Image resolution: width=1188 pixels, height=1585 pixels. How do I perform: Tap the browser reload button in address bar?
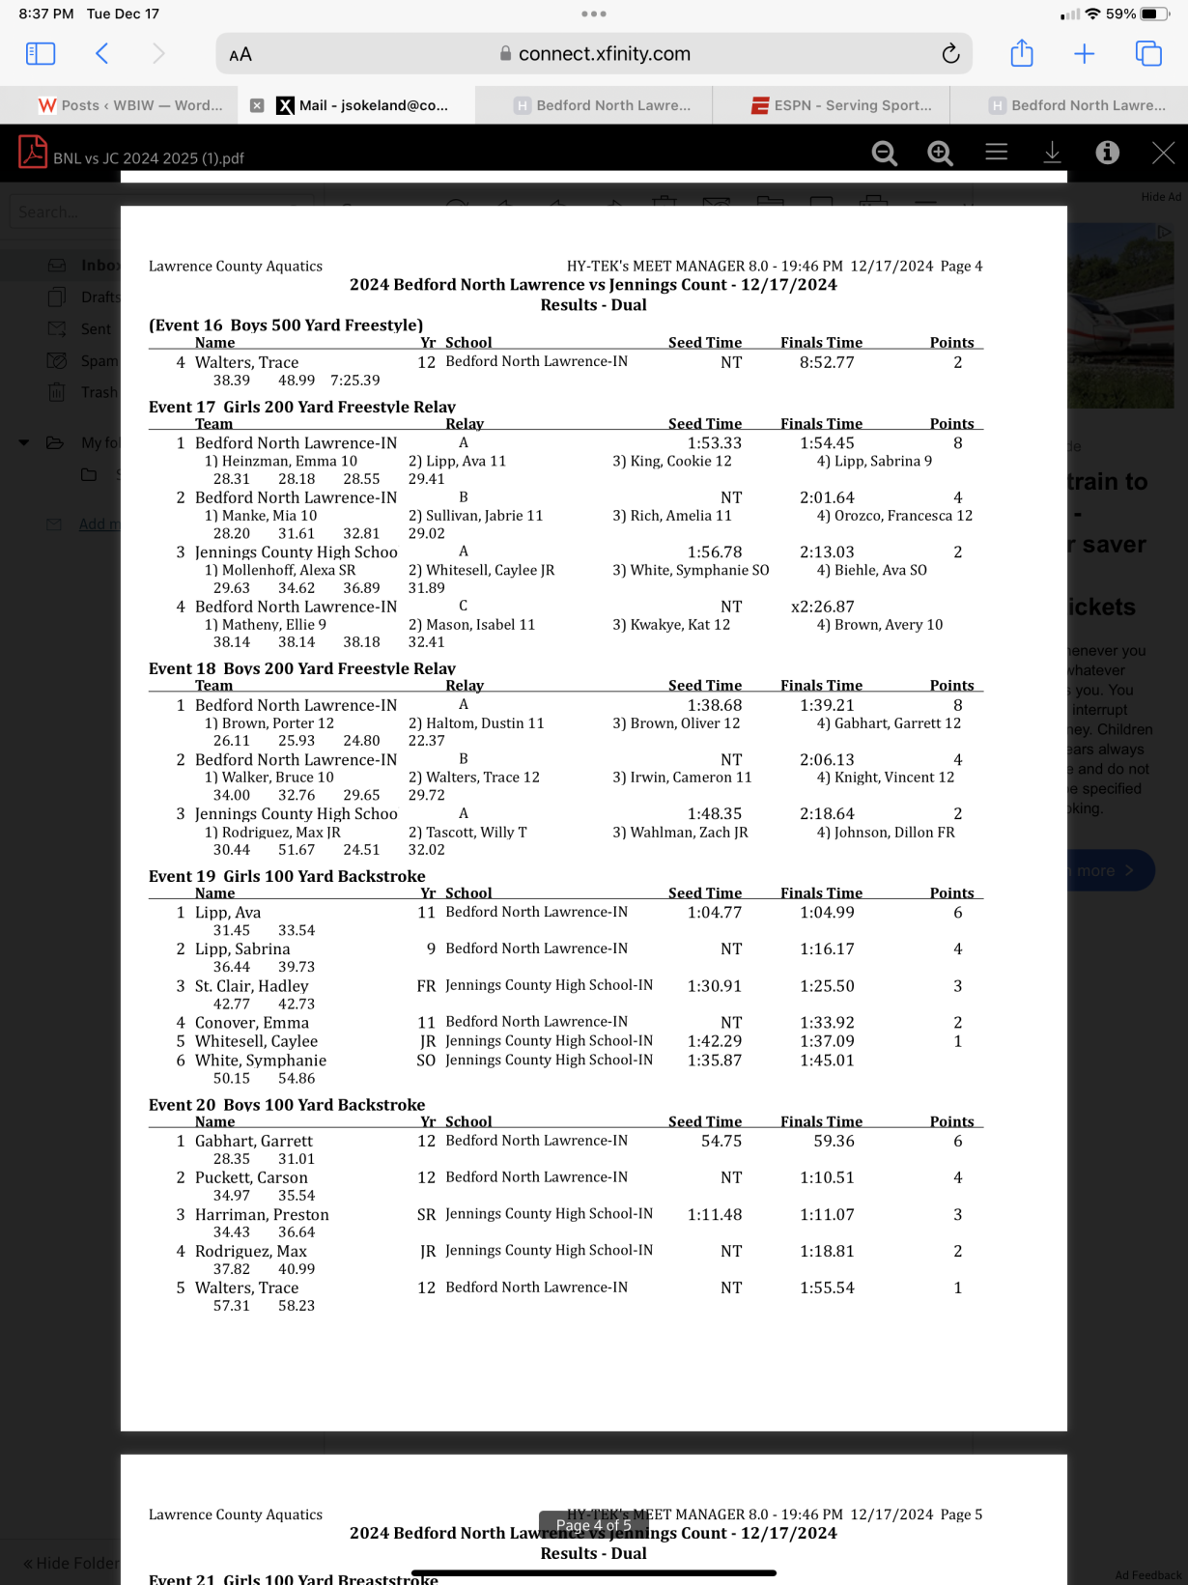click(x=950, y=54)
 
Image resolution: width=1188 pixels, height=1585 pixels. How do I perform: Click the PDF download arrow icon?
click(x=1052, y=153)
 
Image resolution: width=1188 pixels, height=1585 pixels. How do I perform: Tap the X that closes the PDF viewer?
click(x=1163, y=153)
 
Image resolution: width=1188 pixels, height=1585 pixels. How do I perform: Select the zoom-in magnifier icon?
click(x=939, y=153)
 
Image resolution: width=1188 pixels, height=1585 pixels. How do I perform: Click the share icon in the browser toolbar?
click(x=1021, y=54)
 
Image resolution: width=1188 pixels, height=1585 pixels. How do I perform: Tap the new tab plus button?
click(x=1084, y=54)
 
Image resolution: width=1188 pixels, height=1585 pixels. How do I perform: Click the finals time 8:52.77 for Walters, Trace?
click(x=826, y=362)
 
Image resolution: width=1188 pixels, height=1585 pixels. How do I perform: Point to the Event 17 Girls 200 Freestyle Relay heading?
click(x=301, y=407)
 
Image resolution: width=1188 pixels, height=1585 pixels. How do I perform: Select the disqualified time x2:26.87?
click(x=822, y=607)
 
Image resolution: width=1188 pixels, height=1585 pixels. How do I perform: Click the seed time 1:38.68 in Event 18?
click(x=714, y=706)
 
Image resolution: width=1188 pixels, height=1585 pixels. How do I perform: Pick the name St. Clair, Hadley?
click(x=251, y=986)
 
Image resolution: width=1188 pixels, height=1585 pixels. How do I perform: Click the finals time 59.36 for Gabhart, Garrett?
click(x=834, y=1141)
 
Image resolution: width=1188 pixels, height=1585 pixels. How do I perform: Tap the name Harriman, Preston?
click(x=261, y=1214)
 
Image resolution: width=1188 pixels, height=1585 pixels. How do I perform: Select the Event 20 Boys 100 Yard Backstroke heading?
click(x=286, y=1104)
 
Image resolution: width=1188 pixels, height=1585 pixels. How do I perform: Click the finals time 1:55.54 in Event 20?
click(x=826, y=1288)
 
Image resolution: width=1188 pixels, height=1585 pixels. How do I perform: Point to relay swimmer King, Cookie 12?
click(x=671, y=462)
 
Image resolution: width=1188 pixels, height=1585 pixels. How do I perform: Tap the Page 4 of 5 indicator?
click(x=593, y=1525)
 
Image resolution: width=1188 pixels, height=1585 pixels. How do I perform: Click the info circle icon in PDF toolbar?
click(x=1107, y=153)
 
